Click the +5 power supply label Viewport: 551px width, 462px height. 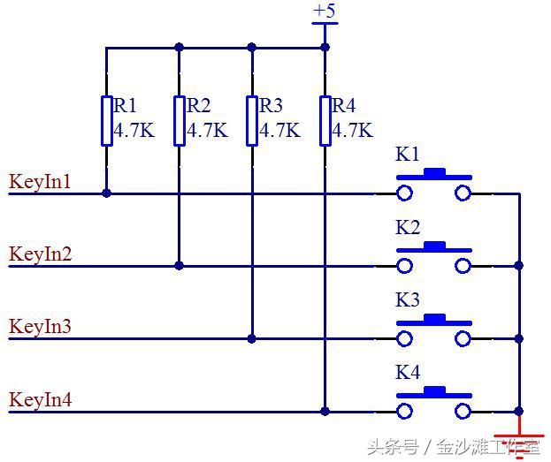(325, 11)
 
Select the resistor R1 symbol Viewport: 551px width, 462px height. (106, 120)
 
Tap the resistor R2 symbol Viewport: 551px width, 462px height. (180, 120)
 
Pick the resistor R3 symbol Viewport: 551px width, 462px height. (252, 120)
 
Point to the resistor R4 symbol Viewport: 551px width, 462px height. (325, 120)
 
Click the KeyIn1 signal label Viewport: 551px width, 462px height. (40, 183)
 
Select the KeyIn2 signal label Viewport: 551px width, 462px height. (40, 254)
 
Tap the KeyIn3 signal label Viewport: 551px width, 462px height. (40, 327)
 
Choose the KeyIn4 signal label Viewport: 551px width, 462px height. (40, 399)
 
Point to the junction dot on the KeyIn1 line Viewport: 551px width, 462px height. (106, 193)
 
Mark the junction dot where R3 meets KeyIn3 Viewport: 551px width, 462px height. (252, 338)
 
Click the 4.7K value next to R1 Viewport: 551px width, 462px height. (134, 132)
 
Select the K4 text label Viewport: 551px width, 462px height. (408, 373)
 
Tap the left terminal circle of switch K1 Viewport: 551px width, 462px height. (405, 193)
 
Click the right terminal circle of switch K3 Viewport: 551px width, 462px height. (463, 338)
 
